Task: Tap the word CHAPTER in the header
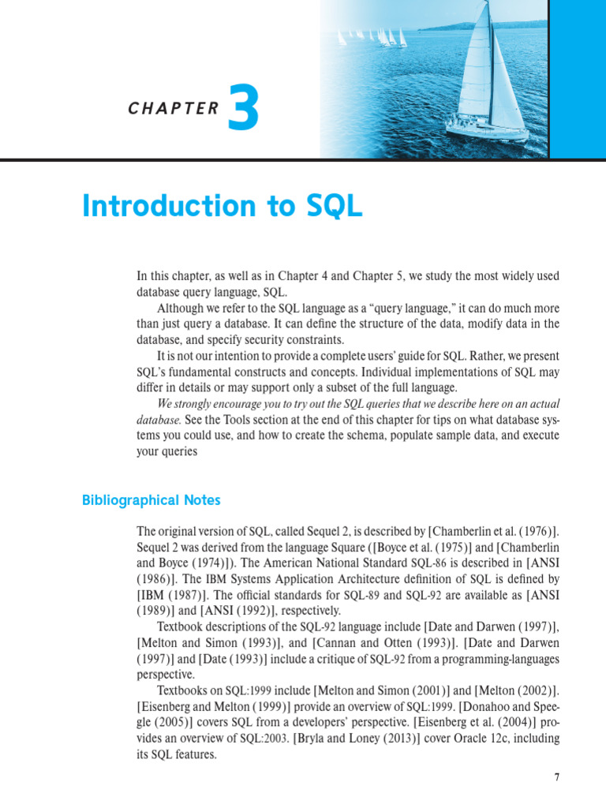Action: coord(173,110)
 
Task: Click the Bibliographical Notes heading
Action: coord(151,500)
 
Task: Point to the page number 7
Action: coord(556,776)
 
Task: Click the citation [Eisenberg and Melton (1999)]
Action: coord(208,707)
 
